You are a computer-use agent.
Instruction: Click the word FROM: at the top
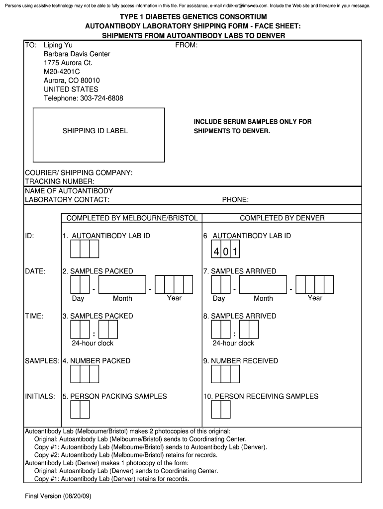(x=187, y=45)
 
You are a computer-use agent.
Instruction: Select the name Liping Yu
(x=58, y=45)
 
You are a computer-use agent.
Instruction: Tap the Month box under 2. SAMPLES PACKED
(x=122, y=285)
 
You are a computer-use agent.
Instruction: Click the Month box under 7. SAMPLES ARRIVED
(x=263, y=285)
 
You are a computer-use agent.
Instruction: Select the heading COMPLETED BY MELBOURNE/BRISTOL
(x=132, y=218)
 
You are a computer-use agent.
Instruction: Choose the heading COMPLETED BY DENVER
(x=282, y=218)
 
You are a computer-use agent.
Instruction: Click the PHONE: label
(x=235, y=200)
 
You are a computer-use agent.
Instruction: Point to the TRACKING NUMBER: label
(x=60, y=181)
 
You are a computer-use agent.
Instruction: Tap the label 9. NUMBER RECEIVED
(x=240, y=361)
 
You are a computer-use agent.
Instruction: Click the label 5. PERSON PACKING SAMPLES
(x=114, y=397)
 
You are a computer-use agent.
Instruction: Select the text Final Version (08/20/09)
(x=58, y=497)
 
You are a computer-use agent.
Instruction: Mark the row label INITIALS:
(x=40, y=397)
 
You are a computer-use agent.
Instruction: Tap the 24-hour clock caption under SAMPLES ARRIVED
(x=233, y=343)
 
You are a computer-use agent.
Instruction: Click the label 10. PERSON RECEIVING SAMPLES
(x=261, y=397)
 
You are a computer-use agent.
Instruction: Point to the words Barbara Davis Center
(x=77, y=54)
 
